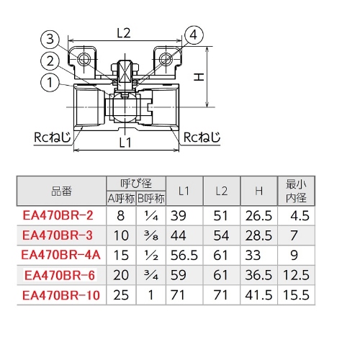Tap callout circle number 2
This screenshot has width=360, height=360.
tap(48, 61)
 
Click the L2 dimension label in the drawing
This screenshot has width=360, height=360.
tap(123, 33)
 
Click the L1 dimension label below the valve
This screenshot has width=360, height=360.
tap(125, 143)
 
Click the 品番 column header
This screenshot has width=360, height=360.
tap(61, 191)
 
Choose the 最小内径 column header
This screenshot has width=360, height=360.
tap(296, 190)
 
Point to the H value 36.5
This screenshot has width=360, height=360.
tap(258, 274)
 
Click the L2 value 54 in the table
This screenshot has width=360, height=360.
tap(222, 234)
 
